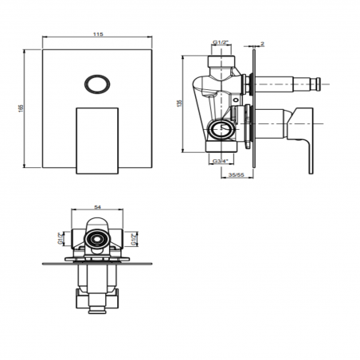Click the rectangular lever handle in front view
(x=97, y=137)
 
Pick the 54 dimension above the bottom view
(x=97, y=207)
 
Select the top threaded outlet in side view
(x=222, y=62)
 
